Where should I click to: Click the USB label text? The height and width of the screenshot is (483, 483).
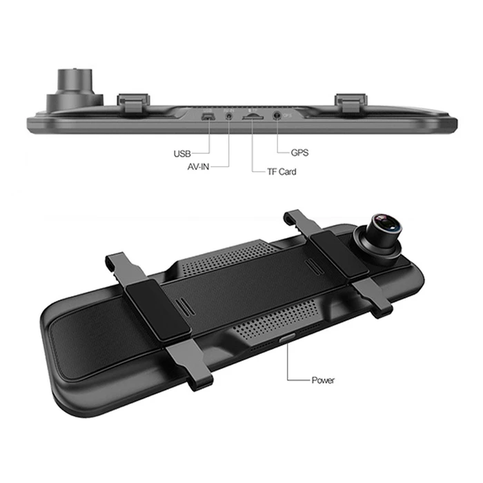click(182, 153)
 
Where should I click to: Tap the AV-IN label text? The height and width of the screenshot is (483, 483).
click(199, 167)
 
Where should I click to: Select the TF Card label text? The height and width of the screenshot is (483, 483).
click(282, 172)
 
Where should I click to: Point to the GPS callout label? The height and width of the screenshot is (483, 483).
click(299, 152)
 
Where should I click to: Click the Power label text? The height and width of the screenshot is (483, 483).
click(322, 380)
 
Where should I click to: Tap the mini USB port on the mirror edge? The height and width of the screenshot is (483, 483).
click(208, 117)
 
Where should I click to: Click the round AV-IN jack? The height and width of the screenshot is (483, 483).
click(229, 116)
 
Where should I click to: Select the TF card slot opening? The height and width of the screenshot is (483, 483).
click(253, 117)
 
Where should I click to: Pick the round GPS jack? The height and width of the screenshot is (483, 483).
click(277, 115)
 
